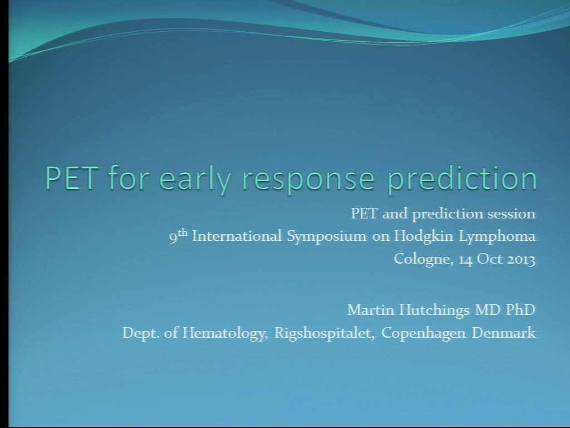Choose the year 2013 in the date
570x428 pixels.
click(521, 259)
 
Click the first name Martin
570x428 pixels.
click(365, 310)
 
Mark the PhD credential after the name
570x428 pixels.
click(520, 310)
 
